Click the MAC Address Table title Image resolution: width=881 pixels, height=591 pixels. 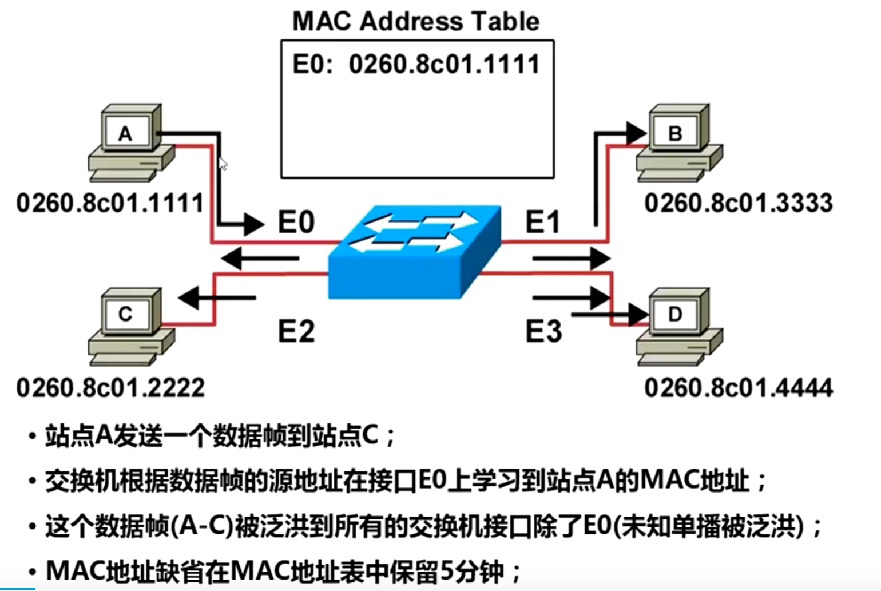pos(416,21)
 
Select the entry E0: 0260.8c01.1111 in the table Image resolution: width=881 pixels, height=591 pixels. pos(416,64)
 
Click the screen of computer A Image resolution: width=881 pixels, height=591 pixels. pos(125,133)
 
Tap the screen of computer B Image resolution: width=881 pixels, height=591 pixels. pos(674,133)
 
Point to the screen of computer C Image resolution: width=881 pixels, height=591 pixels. pos(125,314)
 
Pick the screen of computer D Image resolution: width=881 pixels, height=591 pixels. pos(674,314)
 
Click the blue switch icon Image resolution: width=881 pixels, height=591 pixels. pos(415,252)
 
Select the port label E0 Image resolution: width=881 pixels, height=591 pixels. pos(296,222)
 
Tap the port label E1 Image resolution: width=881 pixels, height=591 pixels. pos(542,222)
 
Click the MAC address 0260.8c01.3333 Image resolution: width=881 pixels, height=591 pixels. pos(738,203)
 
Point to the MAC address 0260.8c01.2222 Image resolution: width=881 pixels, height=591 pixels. pos(110,388)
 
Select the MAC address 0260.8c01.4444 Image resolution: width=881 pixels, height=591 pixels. pos(738,388)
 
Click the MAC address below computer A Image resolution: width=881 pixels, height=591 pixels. pos(110,203)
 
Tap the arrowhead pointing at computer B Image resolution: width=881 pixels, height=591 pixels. pos(636,133)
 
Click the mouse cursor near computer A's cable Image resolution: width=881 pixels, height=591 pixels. pos(223,164)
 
